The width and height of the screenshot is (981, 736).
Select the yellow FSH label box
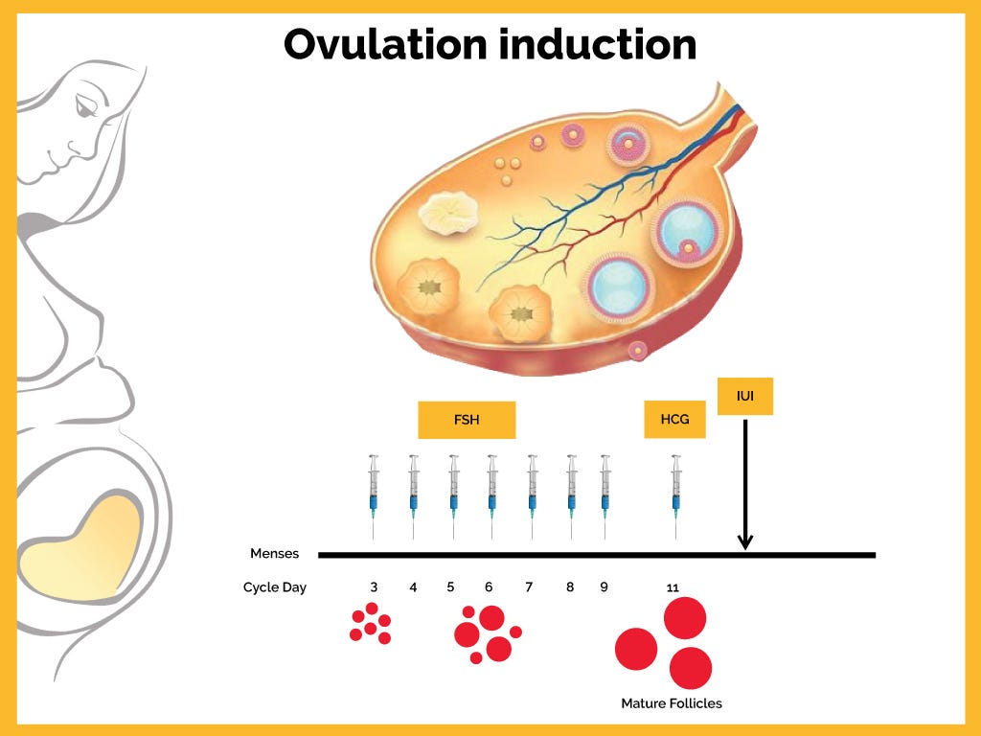(467, 420)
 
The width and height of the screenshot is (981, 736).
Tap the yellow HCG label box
(674, 420)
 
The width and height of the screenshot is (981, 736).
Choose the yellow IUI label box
(744, 396)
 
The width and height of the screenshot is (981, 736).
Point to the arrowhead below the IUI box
(745, 542)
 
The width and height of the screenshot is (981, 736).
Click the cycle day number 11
(673, 587)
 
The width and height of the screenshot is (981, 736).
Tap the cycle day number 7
(529, 586)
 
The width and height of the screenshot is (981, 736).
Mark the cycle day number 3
(374, 586)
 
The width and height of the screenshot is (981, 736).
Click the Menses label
(274, 554)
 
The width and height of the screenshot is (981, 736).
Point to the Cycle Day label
(274, 587)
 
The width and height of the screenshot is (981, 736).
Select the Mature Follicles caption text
(672, 703)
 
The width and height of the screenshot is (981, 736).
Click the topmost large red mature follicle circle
(685, 617)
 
